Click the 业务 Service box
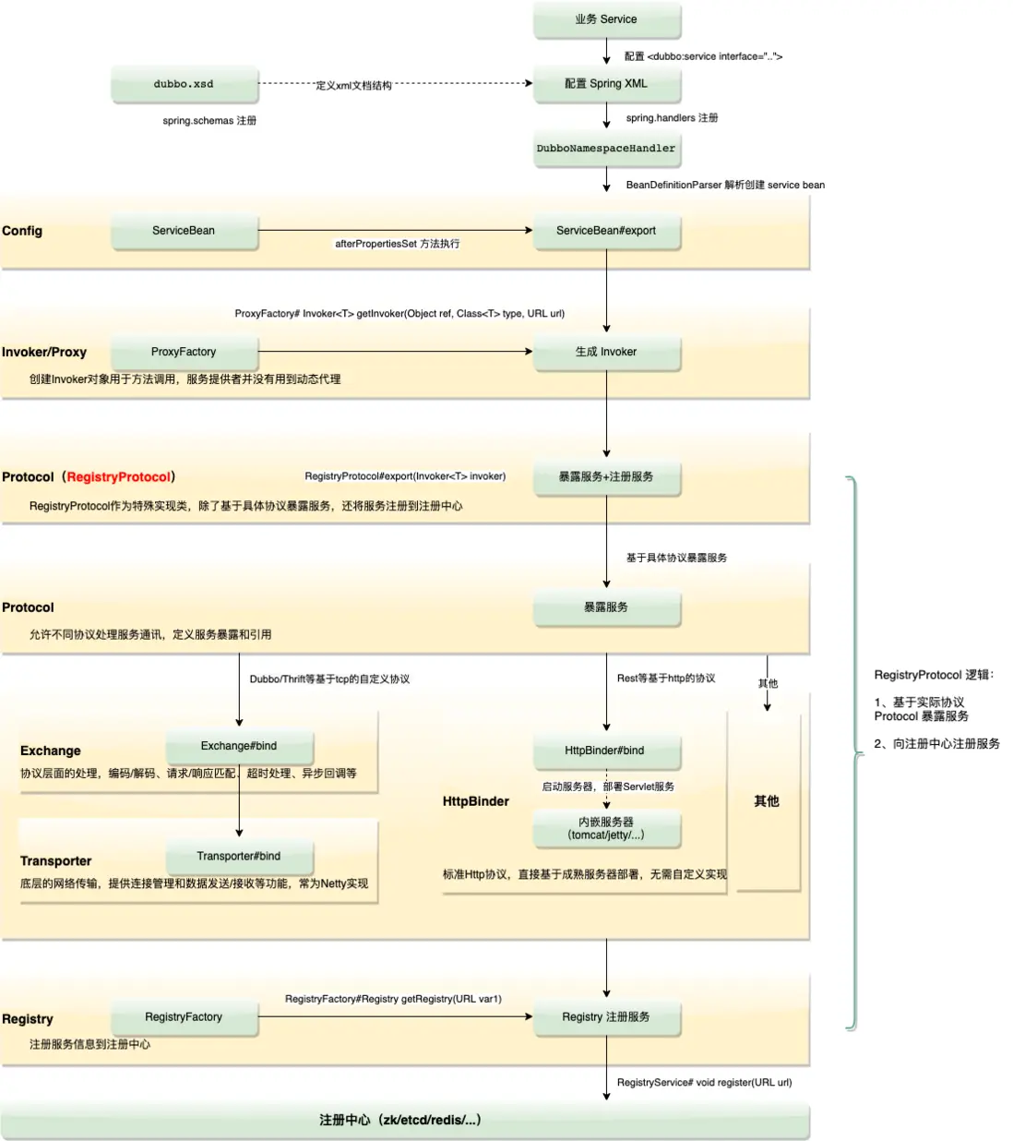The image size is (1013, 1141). coord(606,19)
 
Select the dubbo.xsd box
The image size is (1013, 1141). coord(184,84)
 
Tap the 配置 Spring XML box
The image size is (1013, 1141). coord(606,84)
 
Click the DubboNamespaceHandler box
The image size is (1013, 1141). coord(606,149)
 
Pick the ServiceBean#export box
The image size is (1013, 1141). coord(606,231)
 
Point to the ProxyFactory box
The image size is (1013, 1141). coord(184,352)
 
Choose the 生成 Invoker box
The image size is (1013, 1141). coord(606,352)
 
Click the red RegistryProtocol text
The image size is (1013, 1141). coord(119,477)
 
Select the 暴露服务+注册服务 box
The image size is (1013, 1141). coord(606,477)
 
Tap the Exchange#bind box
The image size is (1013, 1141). coord(239,746)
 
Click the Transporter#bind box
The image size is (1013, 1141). coord(239,857)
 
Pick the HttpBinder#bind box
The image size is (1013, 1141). coord(605,751)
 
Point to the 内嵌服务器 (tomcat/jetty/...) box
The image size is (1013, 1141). coord(606,828)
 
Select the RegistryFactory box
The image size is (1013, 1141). coord(184,1017)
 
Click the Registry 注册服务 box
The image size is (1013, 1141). coord(606,1017)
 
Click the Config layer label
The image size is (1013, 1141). coord(22,231)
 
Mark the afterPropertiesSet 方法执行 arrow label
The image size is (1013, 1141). coord(397,244)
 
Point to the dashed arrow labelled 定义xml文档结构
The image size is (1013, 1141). coord(461,84)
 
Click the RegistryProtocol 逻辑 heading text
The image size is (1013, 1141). coord(934,675)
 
